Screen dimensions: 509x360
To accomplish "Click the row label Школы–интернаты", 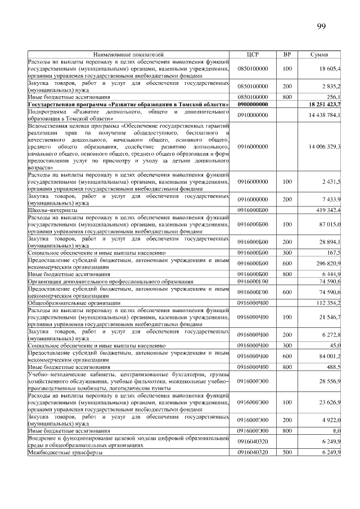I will point(53,210).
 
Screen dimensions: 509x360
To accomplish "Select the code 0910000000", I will point(253,115).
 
